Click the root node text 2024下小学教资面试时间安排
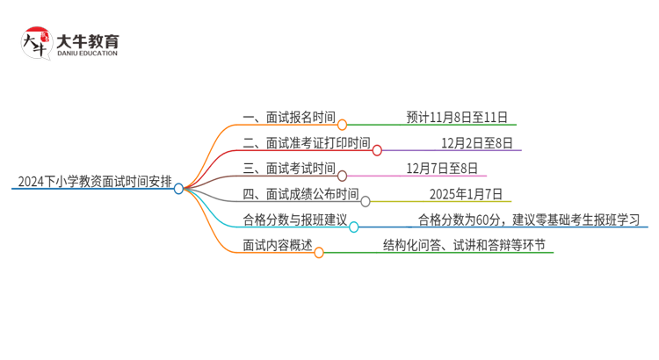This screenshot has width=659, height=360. point(91,183)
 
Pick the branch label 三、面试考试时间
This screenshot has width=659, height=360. point(289,169)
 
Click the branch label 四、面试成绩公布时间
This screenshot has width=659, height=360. point(301,194)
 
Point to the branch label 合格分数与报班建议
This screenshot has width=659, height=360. point(295,220)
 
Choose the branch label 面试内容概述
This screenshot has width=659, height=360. point(277,245)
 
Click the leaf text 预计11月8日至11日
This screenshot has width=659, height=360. point(457,117)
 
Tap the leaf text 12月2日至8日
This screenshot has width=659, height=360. point(476,143)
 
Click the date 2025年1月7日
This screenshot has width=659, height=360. point(466,194)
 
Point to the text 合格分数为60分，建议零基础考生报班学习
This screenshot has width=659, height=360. point(528,220)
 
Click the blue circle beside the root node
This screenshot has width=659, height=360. point(178,189)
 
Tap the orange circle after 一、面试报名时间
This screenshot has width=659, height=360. point(343,125)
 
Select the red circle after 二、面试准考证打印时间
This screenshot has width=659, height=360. point(377,150)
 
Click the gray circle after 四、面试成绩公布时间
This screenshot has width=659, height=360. point(366,201)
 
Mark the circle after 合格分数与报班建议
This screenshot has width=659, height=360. point(354,227)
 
